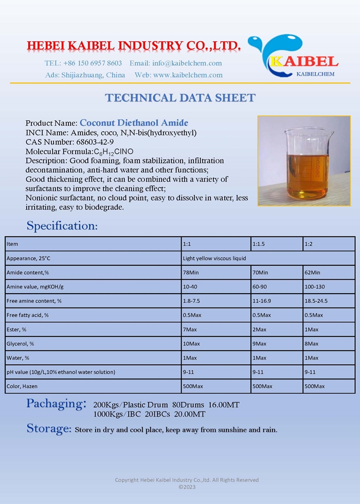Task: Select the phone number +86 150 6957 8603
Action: tap(93, 63)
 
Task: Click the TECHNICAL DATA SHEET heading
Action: tap(180, 98)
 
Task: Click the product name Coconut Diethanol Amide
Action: tap(134, 123)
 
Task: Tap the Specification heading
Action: tap(62, 225)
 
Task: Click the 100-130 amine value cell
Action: tap(314, 286)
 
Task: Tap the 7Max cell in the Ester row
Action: tap(189, 329)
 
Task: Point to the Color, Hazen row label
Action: tap(22, 386)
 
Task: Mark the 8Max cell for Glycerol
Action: tap(311, 344)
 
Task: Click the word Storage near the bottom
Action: tap(49, 428)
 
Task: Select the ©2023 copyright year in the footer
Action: tap(187, 487)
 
